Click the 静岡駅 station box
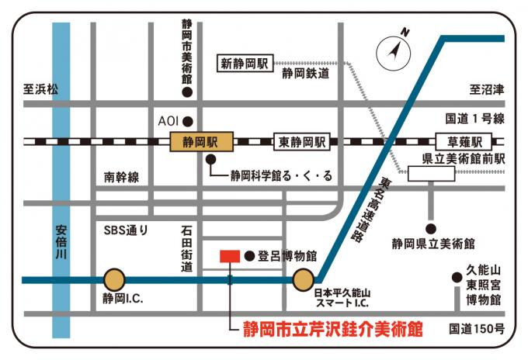[198, 142]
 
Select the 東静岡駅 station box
[302, 142]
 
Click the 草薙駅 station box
[464, 142]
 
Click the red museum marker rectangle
[230, 256]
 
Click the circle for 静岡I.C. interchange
[114, 279]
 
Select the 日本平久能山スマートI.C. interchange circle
[303, 279]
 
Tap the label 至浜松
[40, 90]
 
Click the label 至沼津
[487, 90]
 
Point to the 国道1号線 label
[474, 119]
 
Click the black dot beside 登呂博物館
[248, 255]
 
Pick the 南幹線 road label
[121, 178]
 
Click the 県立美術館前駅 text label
[463, 159]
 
